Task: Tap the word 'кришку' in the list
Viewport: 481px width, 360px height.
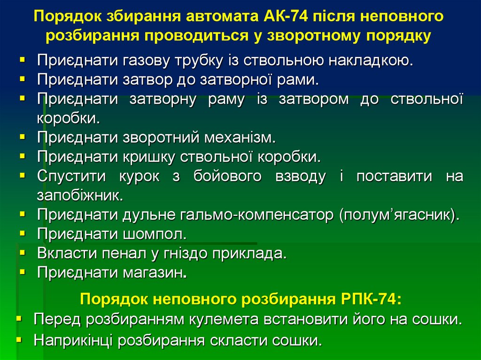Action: click(x=148, y=157)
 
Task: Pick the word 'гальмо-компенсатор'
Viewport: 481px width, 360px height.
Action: click(x=256, y=215)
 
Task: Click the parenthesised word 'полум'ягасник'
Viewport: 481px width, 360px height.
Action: click(x=398, y=215)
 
